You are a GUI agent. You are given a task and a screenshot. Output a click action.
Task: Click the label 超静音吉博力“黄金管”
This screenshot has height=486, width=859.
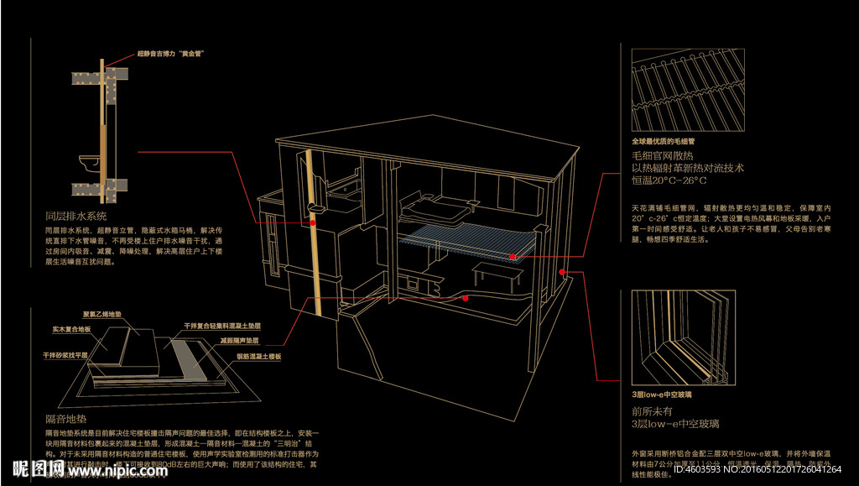172,53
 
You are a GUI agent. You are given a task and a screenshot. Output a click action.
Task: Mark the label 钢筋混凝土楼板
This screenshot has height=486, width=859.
257,357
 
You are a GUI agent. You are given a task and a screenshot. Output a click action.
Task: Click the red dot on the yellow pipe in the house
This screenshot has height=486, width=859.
312,224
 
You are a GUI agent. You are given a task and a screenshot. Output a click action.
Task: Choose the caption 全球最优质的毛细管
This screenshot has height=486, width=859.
668,141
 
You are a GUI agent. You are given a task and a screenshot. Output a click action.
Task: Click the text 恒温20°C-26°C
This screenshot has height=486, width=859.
669,180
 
